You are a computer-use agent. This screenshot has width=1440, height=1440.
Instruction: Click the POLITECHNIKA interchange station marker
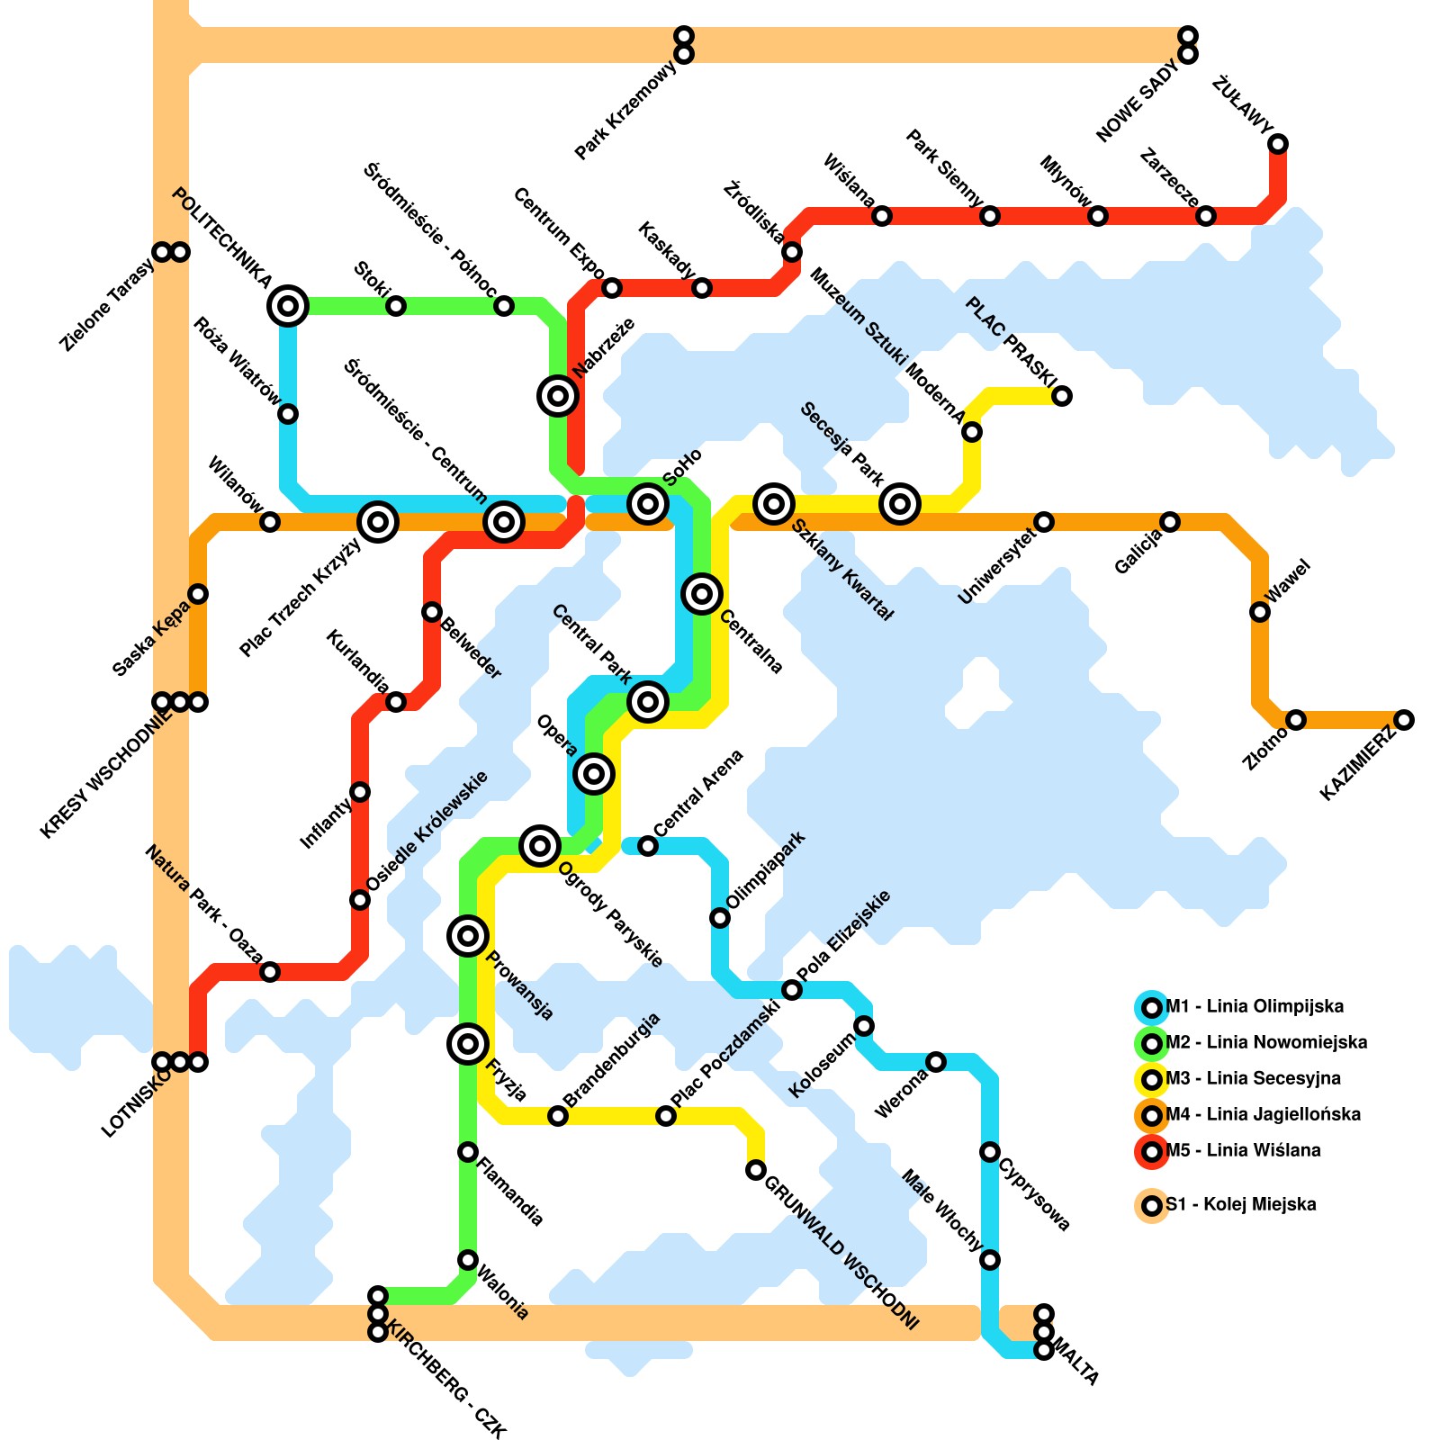click(x=288, y=306)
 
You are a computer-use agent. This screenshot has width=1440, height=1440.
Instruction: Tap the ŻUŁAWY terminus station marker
click(x=1278, y=144)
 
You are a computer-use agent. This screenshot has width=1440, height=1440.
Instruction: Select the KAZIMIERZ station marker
click(x=1404, y=720)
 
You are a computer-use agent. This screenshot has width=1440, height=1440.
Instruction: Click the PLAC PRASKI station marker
click(x=1062, y=396)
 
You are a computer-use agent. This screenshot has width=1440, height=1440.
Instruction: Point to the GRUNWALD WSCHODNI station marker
click(x=756, y=1170)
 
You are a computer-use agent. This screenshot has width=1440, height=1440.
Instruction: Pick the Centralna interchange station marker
click(x=702, y=594)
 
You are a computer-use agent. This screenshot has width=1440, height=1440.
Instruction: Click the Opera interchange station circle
click(x=594, y=774)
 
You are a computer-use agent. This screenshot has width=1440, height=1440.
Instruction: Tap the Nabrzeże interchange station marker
click(x=558, y=396)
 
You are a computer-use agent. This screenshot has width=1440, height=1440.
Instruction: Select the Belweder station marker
click(x=432, y=612)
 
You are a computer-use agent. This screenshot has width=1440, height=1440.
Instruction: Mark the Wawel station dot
click(x=1260, y=612)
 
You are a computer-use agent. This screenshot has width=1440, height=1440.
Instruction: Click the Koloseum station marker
click(x=864, y=1026)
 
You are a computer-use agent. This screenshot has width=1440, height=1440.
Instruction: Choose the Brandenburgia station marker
click(x=558, y=1116)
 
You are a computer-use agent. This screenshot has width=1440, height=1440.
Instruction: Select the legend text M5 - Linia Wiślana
click(x=1243, y=1150)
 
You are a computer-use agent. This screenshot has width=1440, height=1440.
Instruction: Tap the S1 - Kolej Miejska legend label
click(x=1240, y=1204)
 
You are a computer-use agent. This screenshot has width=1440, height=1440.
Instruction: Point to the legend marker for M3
click(x=1151, y=1079)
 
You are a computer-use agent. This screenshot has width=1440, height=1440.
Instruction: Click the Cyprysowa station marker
click(x=990, y=1152)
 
